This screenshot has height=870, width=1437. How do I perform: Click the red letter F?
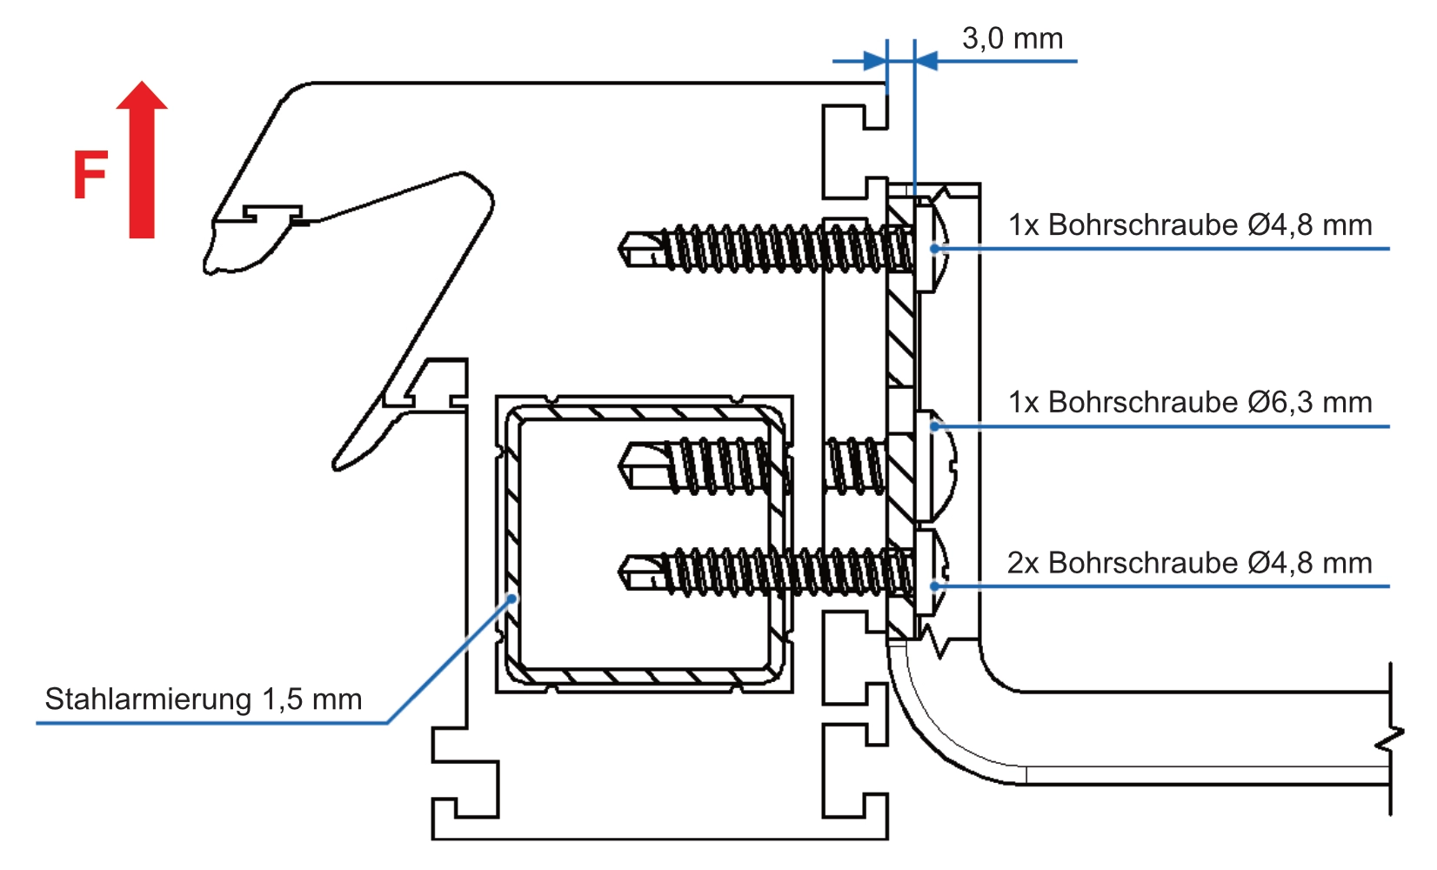click(x=90, y=175)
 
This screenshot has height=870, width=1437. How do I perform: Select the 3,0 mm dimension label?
click(x=1012, y=38)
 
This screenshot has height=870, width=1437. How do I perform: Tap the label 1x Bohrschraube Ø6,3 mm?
click(x=1189, y=402)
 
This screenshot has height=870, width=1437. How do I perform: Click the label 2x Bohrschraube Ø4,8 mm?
click(x=1189, y=563)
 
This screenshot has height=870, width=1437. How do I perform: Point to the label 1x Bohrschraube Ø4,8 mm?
click(x=1189, y=224)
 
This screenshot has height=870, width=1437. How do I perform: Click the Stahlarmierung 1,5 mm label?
click(x=203, y=699)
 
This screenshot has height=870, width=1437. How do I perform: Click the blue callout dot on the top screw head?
click(x=935, y=249)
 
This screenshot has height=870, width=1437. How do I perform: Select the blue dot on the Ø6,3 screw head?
click(x=935, y=426)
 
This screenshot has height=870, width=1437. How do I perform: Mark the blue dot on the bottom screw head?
click(x=935, y=586)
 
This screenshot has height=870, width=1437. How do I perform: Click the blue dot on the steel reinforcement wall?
click(x=513, y=599)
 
